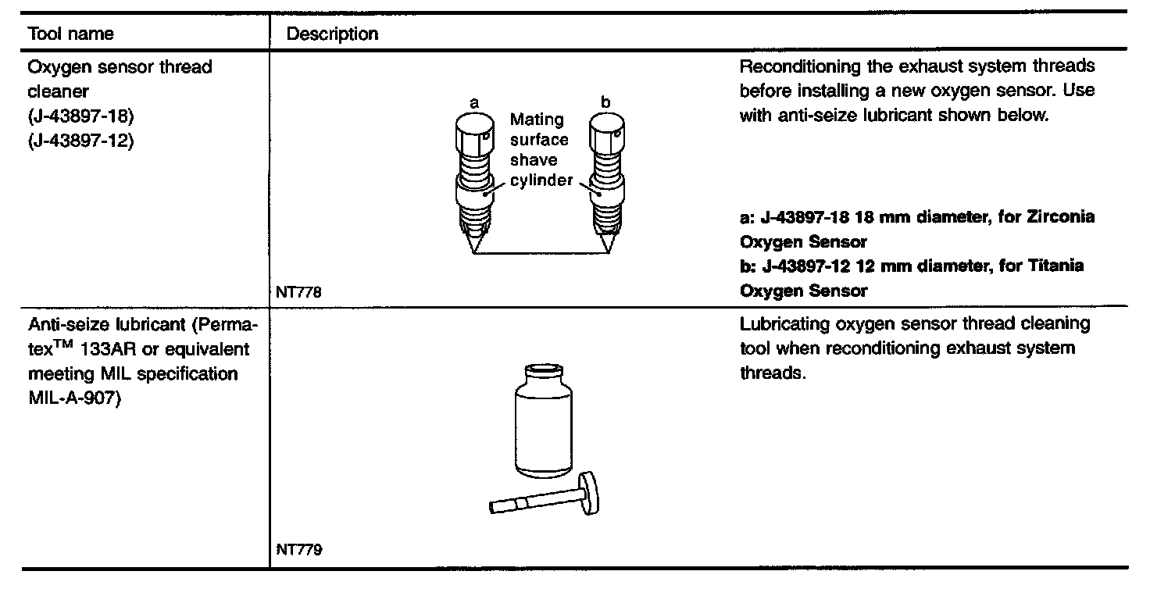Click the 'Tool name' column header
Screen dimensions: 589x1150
pyautogui.click(x=70, y=34)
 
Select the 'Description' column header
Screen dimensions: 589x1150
pyautogui.click(x=332, y=34)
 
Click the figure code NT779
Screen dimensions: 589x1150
pyautogui.click(x=298, y=549)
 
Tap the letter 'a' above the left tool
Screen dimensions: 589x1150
pyautogui.click(x=473, y=102)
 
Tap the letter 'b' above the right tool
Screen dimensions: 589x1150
pyautogui.click(x=606, y=102)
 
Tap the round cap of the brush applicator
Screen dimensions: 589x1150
pyautogui.click(x=584, y=493)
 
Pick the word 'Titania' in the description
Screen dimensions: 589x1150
pyautogui.click(x=1057, y=266)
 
